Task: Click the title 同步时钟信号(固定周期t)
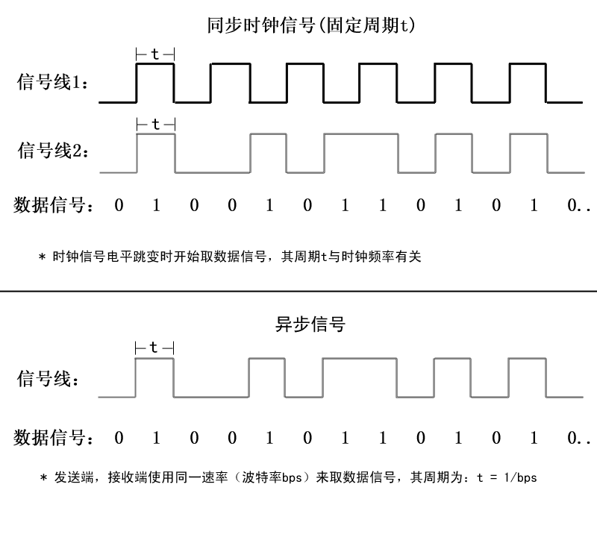310,25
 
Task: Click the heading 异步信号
310,324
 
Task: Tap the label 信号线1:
52,82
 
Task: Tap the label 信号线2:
53,151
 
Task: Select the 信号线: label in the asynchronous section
48,379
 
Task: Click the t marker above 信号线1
155,54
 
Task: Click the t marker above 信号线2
156,124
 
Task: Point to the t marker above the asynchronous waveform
154,348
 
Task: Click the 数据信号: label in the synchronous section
53,205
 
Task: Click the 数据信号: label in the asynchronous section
53,438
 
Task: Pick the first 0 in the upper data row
119,206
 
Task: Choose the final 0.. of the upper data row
578,206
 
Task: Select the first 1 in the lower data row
156,438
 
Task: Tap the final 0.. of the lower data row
578,438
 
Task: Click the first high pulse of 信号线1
155,64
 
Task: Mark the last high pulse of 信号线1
528,64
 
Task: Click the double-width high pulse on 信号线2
361,134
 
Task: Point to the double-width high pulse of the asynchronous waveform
360,359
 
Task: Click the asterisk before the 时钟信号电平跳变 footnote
42,257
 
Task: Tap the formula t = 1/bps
507,477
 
